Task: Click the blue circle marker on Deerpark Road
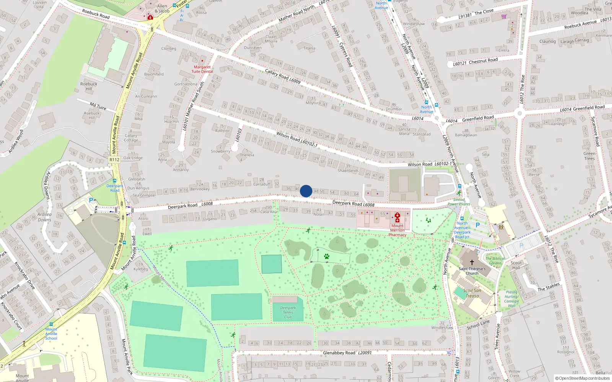306,191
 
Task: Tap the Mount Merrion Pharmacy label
397,230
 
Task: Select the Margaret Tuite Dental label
202,69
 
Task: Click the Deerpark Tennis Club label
288,312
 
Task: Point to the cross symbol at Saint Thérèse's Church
472,262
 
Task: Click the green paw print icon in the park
327,256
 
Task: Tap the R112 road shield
114,160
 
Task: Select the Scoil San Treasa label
472,293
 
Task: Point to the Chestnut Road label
483,60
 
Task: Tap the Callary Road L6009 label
283,76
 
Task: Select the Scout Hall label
516,265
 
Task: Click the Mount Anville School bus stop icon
51,324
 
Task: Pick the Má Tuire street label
98,106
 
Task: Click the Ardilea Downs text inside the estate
44,217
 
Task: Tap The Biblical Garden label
495,261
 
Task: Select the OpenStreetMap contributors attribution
583,379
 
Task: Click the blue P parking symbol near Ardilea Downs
91,200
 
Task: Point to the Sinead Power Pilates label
459,202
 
